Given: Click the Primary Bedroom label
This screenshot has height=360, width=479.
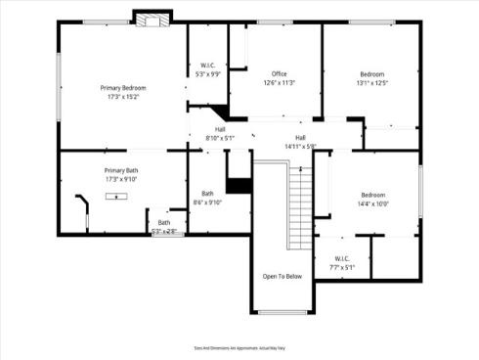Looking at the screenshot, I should tap(122, 88).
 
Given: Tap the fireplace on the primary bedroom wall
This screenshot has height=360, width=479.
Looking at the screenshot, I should tap(152, 20).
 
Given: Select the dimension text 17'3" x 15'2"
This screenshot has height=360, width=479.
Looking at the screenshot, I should tap(122, 97).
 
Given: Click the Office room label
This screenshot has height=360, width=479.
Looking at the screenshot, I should tap(279, 74).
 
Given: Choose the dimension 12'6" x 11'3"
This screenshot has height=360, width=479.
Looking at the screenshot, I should tap(279, 83).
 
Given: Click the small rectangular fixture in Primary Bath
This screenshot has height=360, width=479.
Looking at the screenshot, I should tap(119, 196).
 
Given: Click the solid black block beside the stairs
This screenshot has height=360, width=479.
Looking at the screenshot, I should tap(239, 184).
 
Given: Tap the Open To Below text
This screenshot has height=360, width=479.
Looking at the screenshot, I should tap(283, 277).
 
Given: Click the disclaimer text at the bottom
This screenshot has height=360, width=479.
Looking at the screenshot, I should tap(239, 347).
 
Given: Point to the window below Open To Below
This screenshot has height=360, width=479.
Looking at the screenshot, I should tap(282, 313).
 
